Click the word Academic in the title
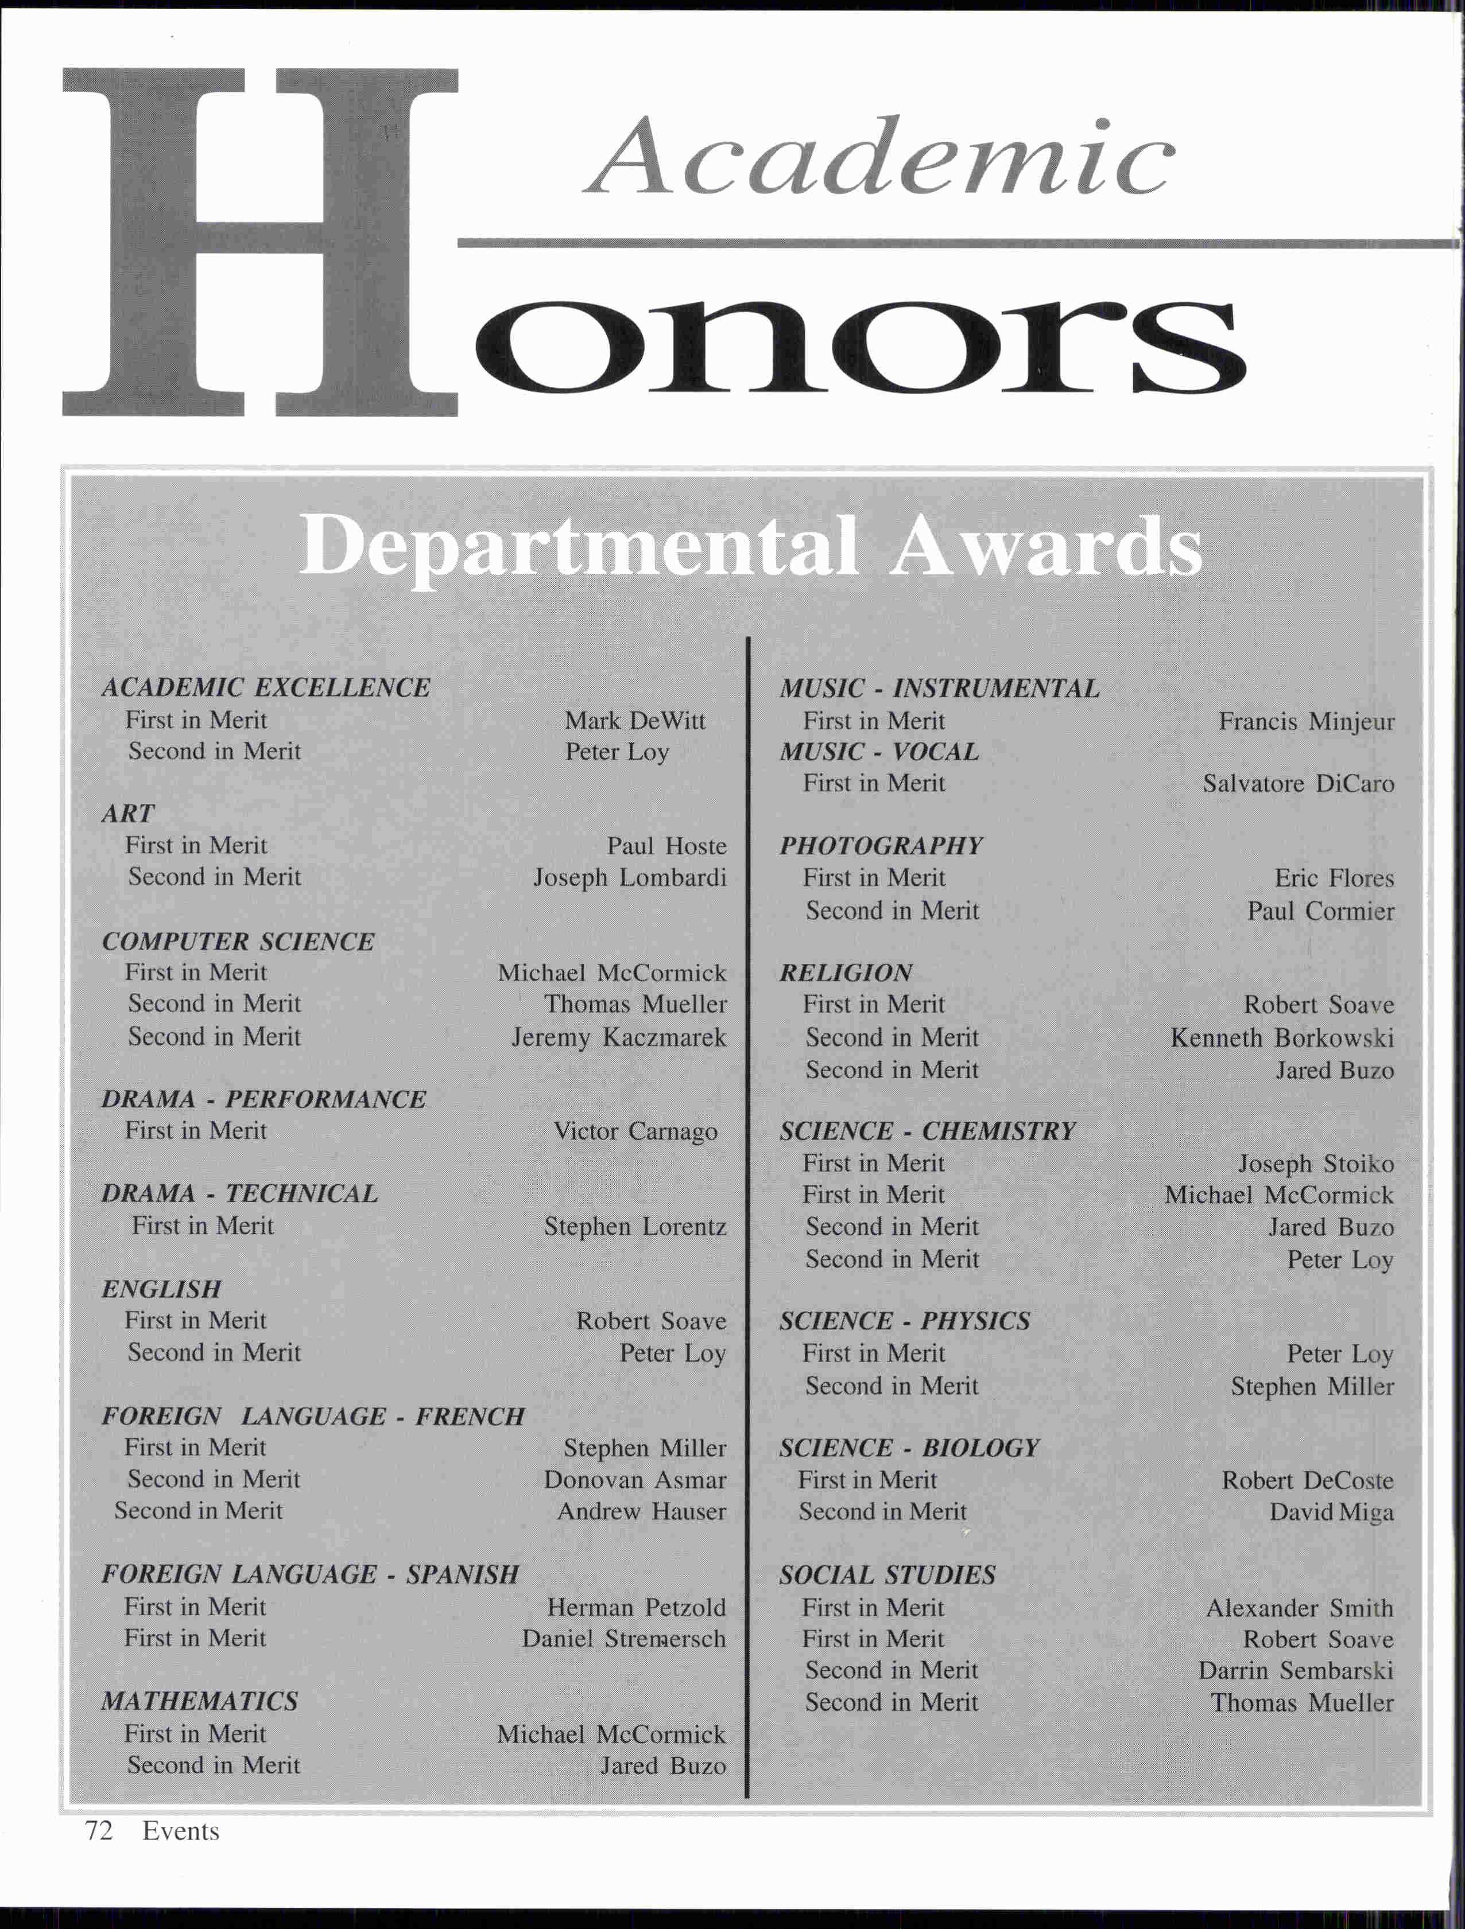click(x=879, y=157)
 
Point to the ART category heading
click(x=127, y=813)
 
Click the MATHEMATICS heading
click(x=199, y=1701)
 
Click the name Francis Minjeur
click(x=1305, y=721)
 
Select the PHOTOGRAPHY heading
click(x=881, y=845)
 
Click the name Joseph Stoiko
click(x=1315, y=1164)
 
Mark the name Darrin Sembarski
click(x=1295, y=1671)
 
